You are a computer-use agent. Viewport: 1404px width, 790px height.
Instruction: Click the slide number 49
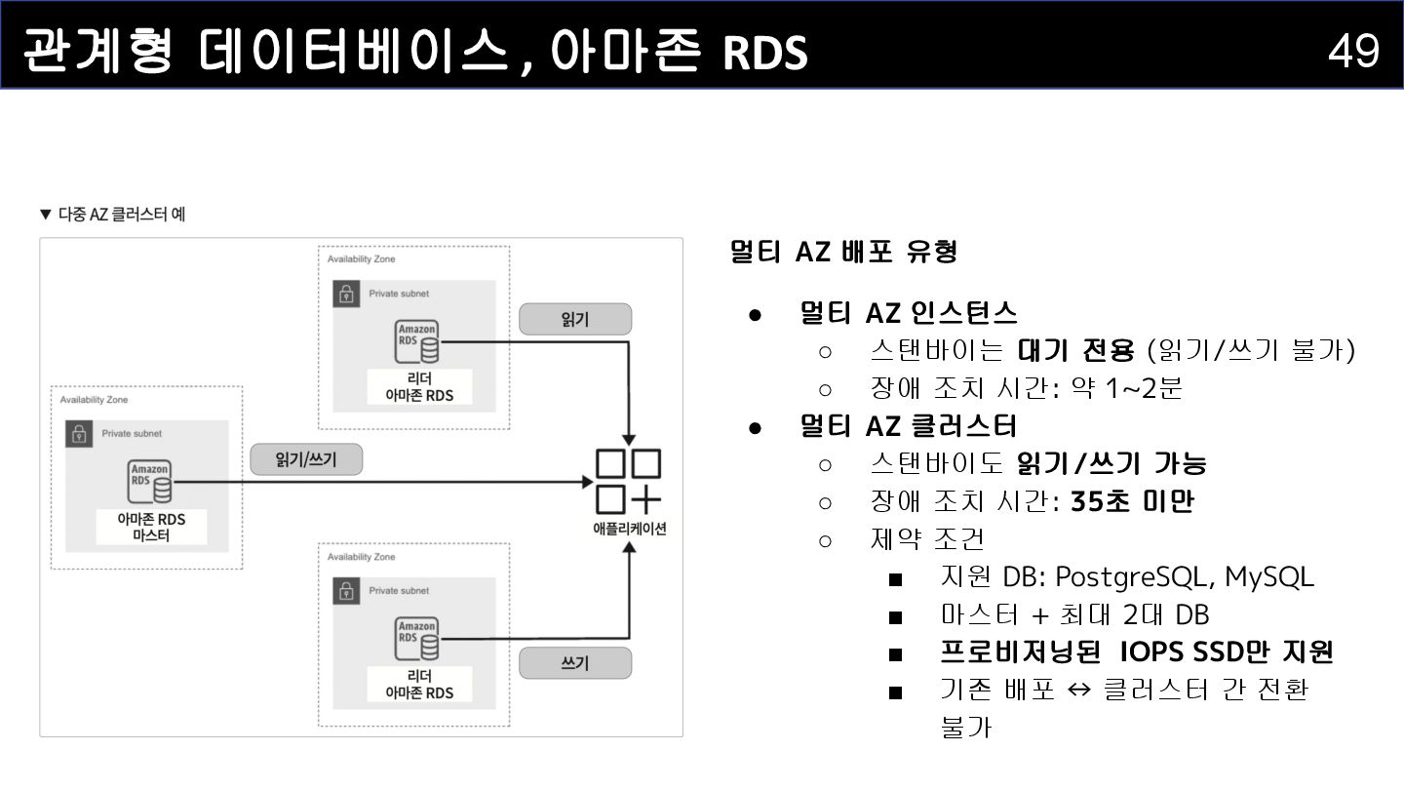(x=1353, y=50)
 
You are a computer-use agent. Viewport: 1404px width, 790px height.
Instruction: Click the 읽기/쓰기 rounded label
(x=306, y=459)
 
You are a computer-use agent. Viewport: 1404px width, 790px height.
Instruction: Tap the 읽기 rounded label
(x=575, y=319)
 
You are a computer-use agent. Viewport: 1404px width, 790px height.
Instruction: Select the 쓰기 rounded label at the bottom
(x=575, y=664)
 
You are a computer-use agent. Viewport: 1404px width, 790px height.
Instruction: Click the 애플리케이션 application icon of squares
(x=628, y=481)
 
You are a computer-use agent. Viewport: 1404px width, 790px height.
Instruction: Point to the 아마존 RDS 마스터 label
(x=150, y=527)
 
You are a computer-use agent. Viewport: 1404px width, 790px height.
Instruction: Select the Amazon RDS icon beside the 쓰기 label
(x=417, y=639)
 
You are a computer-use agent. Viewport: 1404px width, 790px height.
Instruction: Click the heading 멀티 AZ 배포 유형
(x=844, y=252)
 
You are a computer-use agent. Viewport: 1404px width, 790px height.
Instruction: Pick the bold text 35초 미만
(x=1132, y=501)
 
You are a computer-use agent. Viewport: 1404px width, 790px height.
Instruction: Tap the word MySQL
(x=1268, y=577)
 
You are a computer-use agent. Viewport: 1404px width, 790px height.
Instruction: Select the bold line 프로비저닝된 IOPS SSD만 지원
(x=1137, y=652)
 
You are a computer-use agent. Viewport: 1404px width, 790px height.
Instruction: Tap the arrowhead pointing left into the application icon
(x=586, y=482)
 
